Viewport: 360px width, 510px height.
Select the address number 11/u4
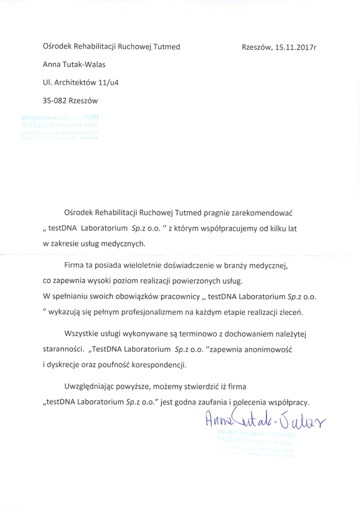pyautogui.click(x=108, y=82)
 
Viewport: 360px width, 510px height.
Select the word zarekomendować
pyautogui.click(x=261, y=212)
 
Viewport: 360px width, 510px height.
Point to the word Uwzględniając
pyautogui.click(x=90, y=386)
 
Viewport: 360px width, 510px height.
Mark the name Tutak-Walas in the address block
pyautogui.click(x=85, y=65)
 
